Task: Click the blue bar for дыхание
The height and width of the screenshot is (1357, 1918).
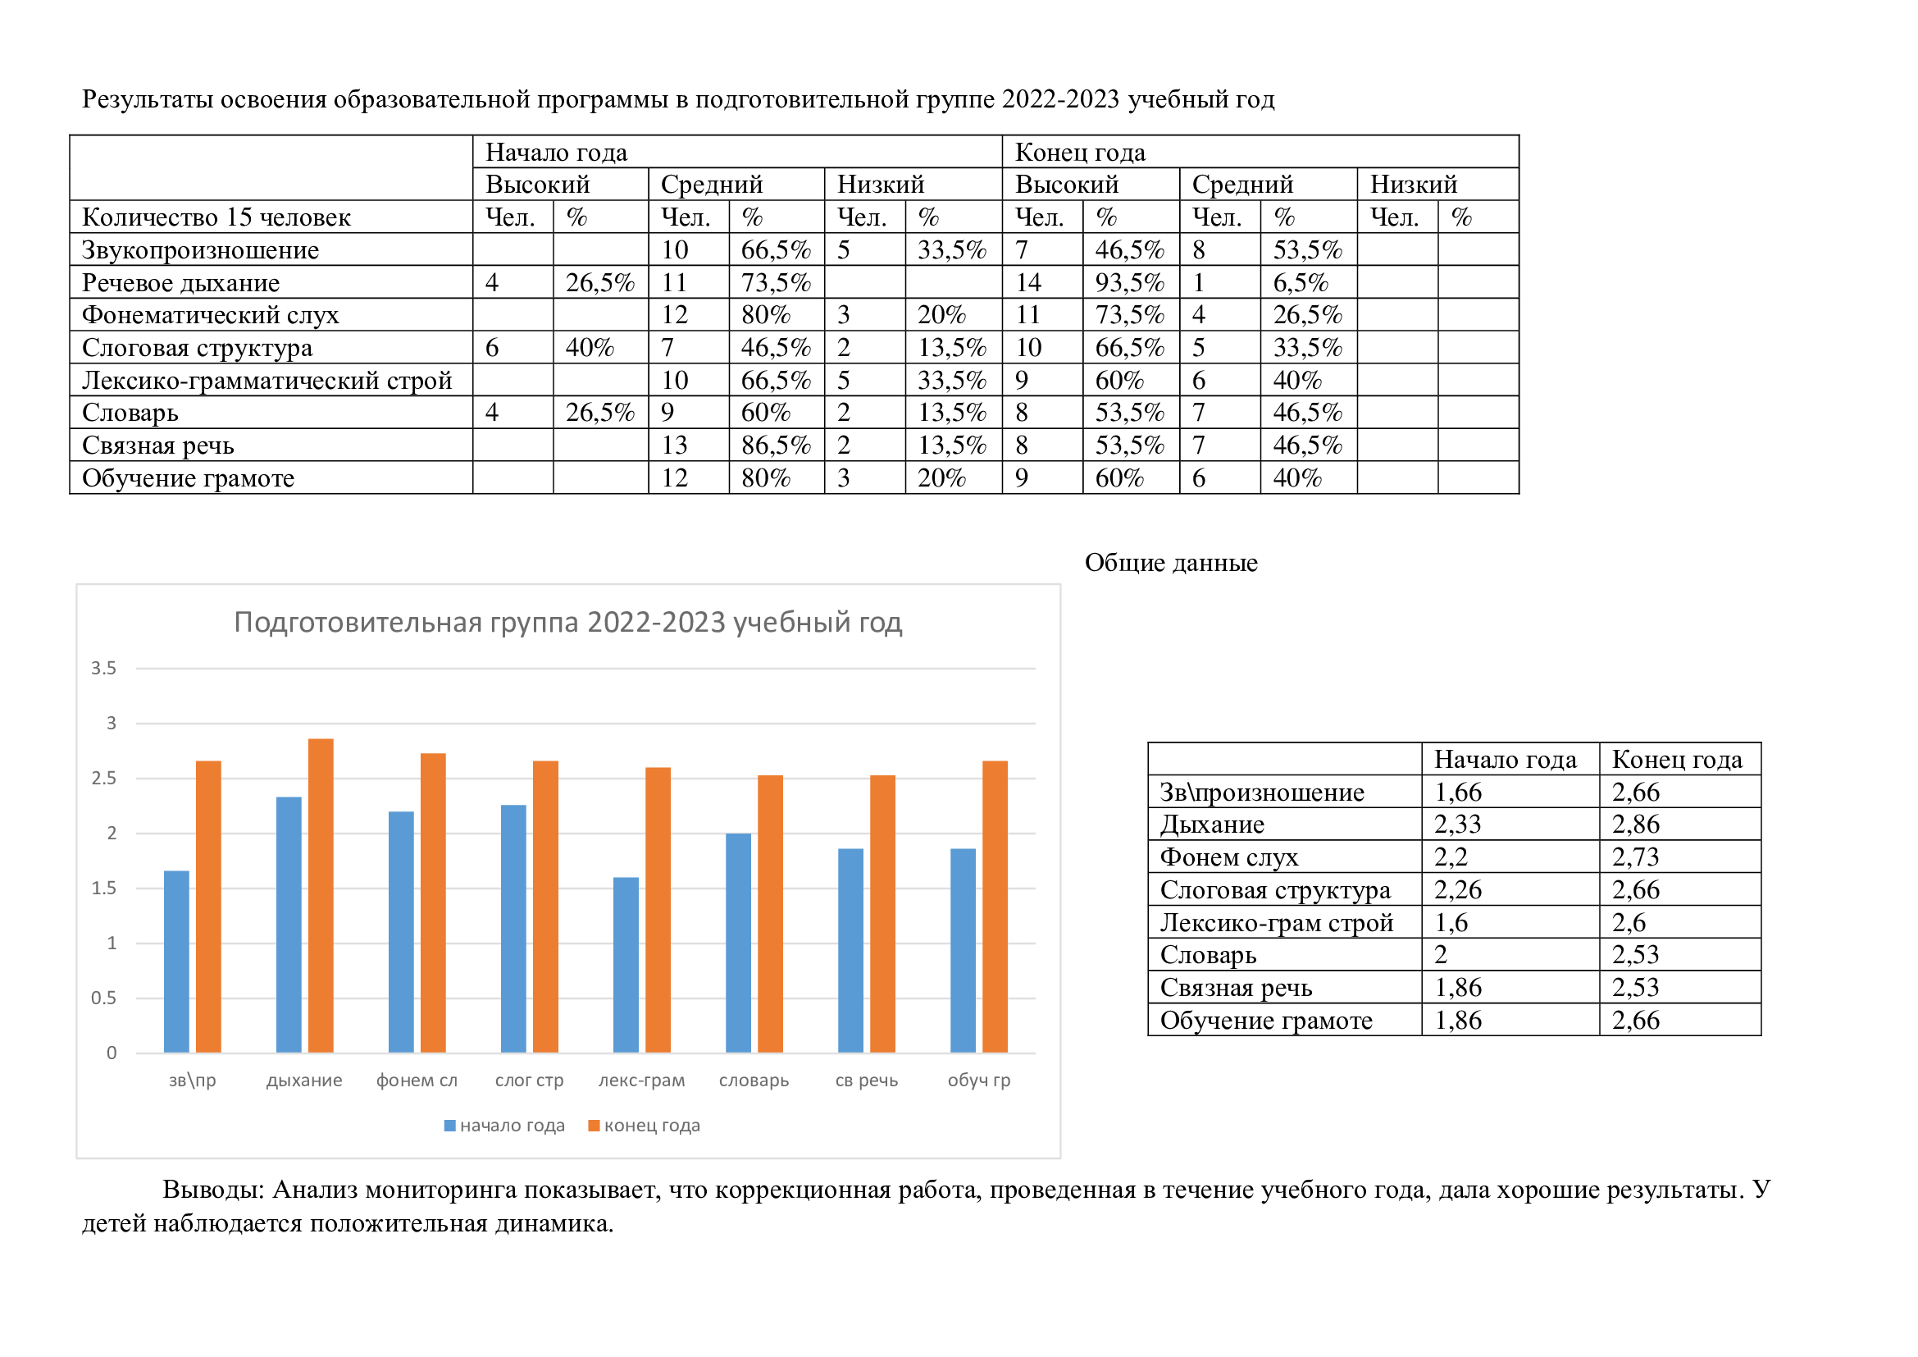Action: click(288, 924)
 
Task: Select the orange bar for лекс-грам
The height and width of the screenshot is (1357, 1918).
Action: click(658, 910)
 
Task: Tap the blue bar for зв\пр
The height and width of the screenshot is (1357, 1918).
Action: click(176, 961)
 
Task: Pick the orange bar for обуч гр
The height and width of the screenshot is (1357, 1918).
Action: click(995, 907)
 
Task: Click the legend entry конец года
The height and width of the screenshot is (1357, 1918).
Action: click(644, 1126)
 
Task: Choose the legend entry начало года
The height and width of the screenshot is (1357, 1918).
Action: click(504, 1126)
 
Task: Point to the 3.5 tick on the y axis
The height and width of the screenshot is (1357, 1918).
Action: click(103, 668)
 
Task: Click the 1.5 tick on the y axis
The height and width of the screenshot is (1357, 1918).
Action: click(103, 889)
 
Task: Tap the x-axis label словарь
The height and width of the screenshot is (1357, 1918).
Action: click(754, 1081)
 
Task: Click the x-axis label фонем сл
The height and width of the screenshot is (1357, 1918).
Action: click(417, 1081)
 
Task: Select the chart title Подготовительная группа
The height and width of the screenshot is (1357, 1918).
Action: click(568, 623)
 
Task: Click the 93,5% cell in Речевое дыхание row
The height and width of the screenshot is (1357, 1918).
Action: click(1129, 282)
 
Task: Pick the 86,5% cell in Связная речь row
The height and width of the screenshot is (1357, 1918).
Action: click(776, 445)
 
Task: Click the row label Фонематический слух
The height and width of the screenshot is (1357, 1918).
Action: click(211, 315)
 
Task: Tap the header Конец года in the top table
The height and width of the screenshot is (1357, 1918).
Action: click(1080, 152)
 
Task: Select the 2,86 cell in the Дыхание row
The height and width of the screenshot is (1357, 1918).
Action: click(1636, 825)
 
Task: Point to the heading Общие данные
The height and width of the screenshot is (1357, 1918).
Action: click(1171, 562)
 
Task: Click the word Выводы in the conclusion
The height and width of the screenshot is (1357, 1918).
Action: click(213, 1189)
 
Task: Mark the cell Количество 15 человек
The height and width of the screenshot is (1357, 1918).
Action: click(216, 217)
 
